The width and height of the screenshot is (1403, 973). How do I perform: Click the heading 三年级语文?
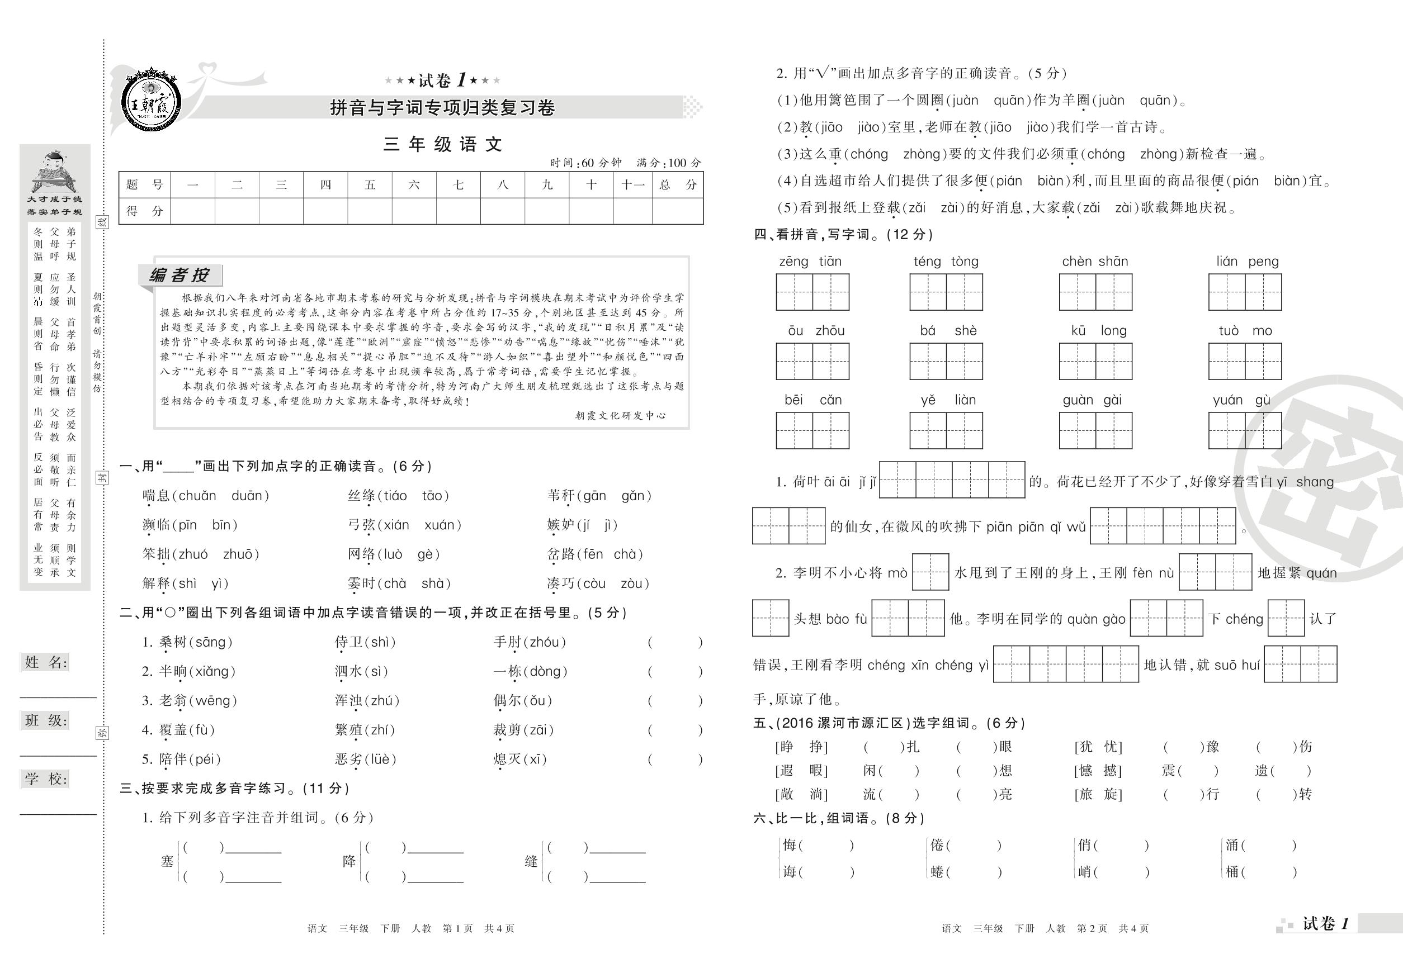442,145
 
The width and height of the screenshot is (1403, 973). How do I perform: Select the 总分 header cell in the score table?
677,185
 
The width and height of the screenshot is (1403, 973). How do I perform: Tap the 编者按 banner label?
180,275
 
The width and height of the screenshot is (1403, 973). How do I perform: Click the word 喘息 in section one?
156,496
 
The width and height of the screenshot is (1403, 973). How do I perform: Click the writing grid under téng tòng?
946,292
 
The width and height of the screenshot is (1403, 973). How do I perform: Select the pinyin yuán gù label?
1241,400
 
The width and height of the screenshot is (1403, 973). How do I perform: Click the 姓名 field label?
46,663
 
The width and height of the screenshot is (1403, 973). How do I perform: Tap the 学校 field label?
46,779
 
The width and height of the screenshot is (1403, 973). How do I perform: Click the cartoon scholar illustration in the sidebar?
55,170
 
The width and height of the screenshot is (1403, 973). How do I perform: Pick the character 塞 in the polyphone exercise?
167,861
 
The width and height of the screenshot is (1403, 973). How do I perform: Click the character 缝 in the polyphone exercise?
531,861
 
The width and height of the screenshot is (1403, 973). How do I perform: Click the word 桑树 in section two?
173,642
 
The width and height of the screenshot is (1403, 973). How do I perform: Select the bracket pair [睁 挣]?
801,747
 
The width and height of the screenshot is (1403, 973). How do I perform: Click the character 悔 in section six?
790,845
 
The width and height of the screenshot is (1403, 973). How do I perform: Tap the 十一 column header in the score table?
632,185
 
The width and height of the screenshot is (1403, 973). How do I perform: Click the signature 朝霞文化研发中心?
620,416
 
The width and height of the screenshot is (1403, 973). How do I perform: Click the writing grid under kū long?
1095,362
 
